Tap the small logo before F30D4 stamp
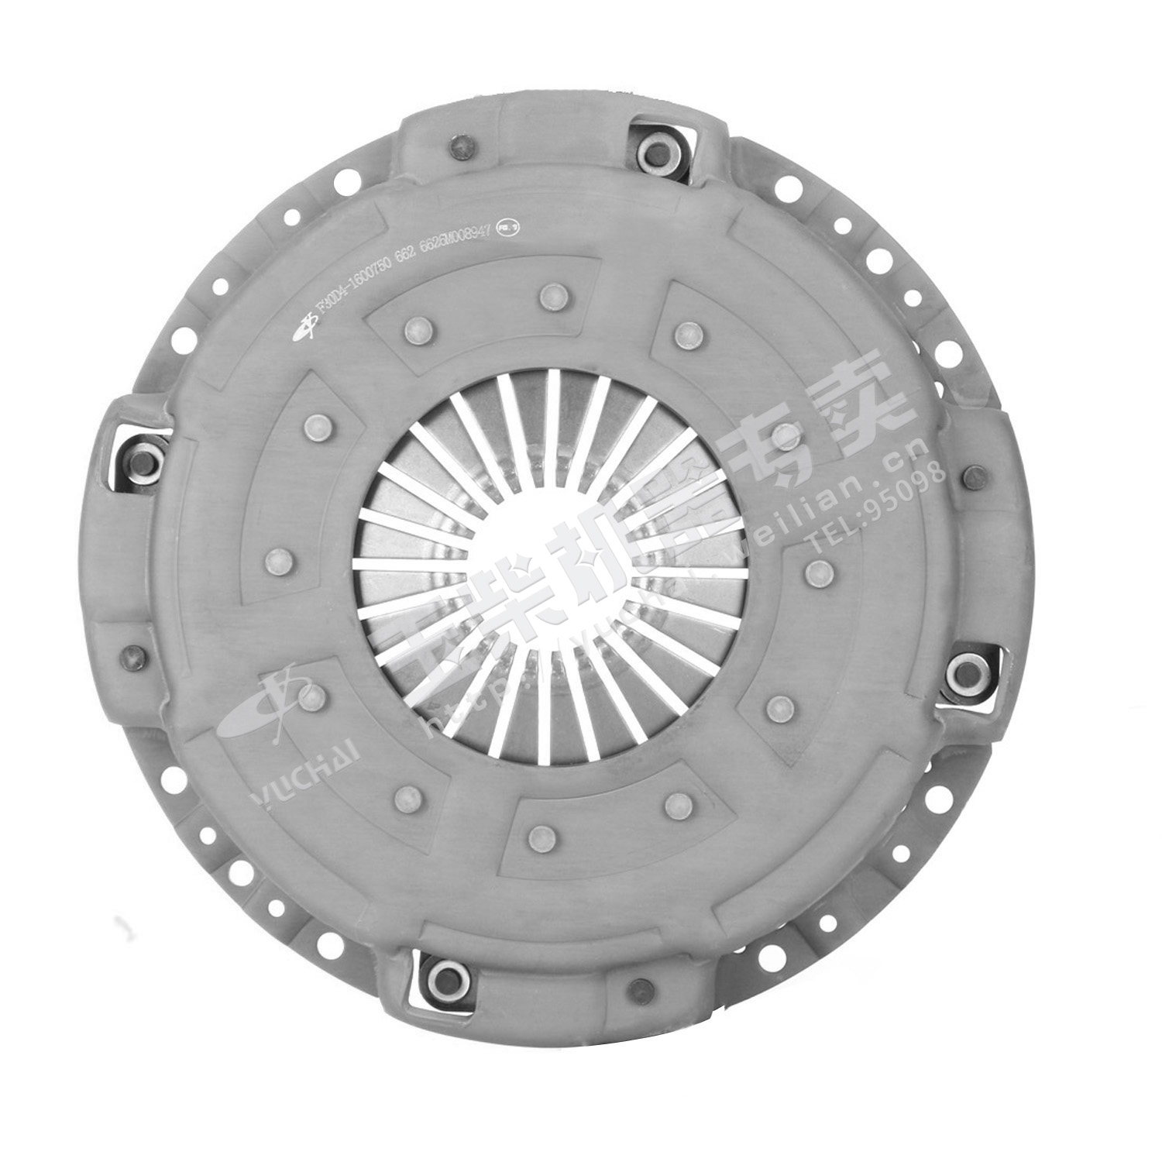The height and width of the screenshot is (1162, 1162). [301, 332]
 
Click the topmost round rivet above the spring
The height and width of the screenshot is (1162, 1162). [553, 294]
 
